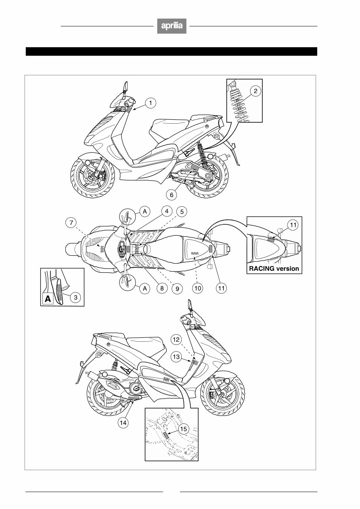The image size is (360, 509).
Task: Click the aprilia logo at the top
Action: [171, 26]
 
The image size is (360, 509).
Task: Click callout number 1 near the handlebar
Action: [150, 103]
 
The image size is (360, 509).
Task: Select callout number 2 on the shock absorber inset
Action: [255, 91]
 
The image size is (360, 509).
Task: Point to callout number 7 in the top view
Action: [71, 223]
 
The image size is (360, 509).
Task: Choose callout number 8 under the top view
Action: [162, 289]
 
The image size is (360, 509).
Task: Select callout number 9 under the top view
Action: [177, 289]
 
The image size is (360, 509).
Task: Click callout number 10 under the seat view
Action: [198, 289]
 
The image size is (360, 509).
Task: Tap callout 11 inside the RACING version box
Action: [292, 226]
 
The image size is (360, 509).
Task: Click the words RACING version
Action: [274, 268]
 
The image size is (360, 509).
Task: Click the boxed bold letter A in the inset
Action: [48, 299]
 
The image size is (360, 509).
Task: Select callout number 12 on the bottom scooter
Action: [177, 339]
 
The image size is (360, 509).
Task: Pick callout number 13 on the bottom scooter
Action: [177, 357]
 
